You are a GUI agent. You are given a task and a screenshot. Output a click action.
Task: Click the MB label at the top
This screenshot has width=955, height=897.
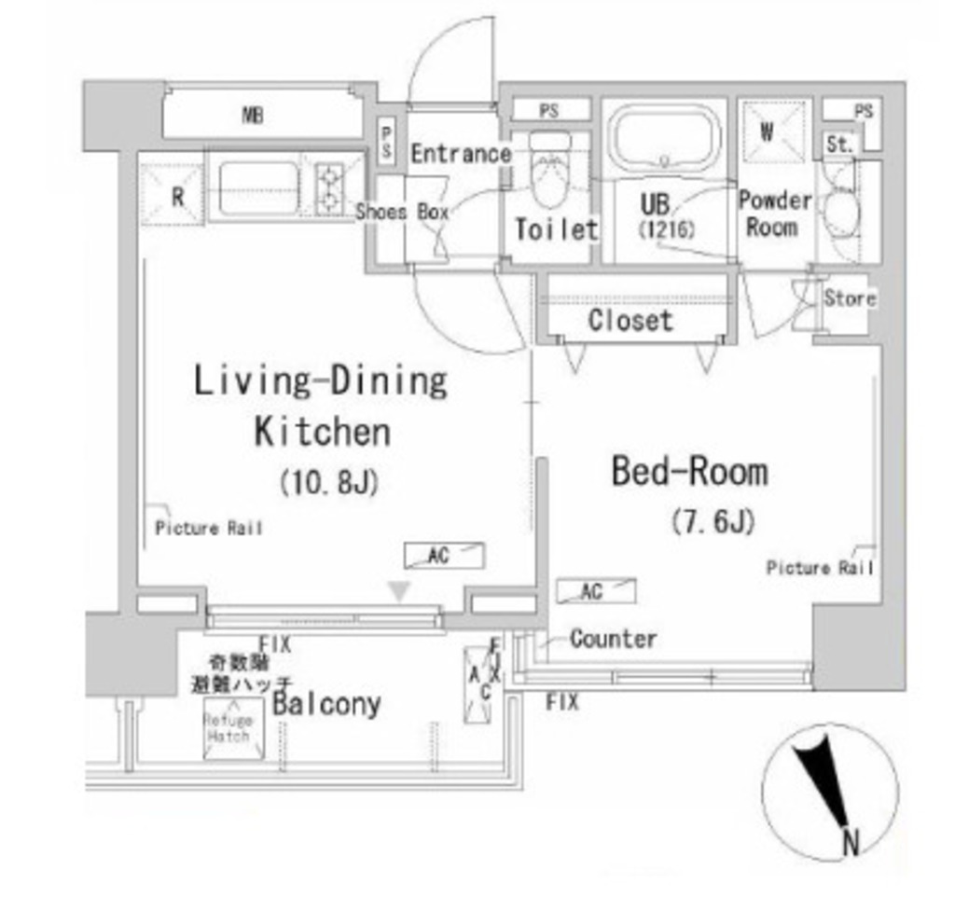252,117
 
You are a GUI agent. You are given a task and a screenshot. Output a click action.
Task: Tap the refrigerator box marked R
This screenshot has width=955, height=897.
174,195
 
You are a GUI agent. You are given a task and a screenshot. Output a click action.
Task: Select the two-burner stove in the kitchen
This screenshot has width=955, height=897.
330,188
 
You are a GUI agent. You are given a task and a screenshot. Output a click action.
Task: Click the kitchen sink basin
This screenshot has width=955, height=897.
257,188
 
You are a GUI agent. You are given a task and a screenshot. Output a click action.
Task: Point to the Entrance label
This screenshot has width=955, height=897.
461,154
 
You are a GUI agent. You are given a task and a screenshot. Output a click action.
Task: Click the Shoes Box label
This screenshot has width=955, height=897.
402,212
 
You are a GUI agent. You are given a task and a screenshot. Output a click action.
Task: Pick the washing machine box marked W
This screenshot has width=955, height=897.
768,132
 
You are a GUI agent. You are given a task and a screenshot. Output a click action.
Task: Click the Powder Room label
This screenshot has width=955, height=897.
774,214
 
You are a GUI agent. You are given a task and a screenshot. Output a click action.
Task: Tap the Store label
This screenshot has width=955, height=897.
850,298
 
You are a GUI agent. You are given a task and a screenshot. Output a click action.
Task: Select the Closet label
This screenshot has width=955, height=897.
630,321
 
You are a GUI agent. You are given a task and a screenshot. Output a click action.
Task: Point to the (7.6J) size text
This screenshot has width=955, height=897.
713,521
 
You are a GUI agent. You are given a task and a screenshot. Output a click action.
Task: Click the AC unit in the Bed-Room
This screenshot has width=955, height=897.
595,591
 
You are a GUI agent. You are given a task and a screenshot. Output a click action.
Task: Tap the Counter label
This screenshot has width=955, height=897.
613,639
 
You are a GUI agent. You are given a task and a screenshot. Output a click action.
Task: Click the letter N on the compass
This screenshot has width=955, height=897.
850,844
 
